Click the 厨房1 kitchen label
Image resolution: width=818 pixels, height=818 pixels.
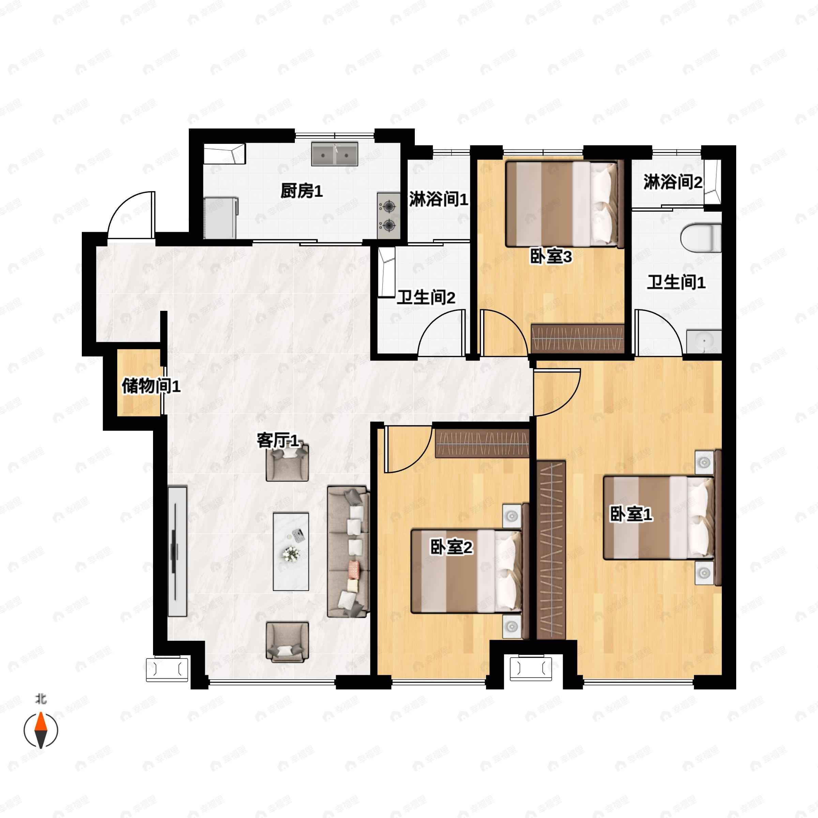tap(301, 191)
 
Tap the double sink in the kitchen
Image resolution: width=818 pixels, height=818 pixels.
tap(335, 154)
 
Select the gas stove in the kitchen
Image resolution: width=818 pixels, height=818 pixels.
tap(389, 216)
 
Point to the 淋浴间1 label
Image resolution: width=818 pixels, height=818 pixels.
tap(439, 199)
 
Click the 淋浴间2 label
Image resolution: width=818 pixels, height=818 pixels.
tap(673, 182)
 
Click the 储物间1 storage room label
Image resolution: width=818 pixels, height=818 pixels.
tap(151, 386)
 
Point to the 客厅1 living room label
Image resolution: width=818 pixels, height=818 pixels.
tap(278, 441)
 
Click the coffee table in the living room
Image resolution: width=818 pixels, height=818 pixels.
tap(291, 552)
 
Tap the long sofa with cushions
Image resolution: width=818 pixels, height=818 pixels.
tap(348, 552)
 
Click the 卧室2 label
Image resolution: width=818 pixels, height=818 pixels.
tap(451, 547)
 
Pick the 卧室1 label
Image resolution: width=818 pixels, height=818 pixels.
tap(631, 514)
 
